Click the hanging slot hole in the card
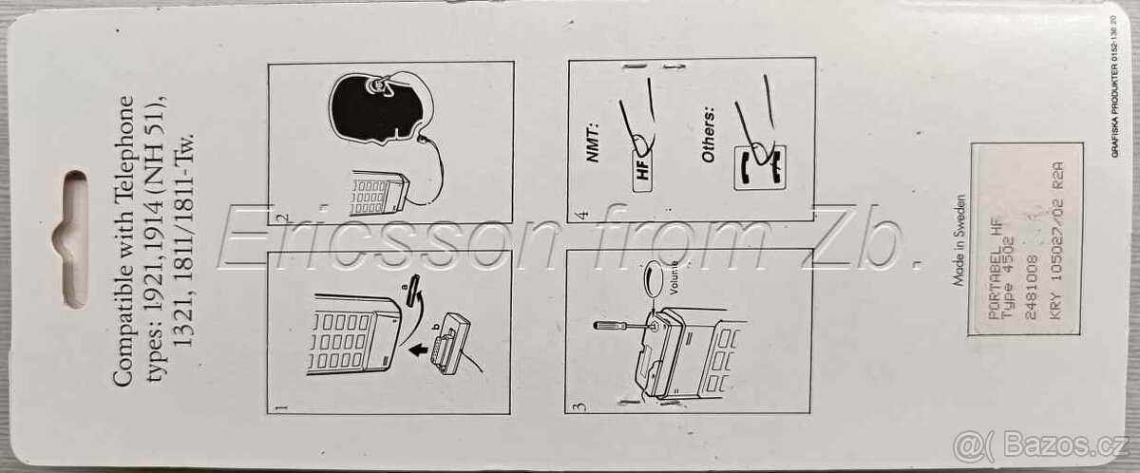[x=73, y=237]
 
